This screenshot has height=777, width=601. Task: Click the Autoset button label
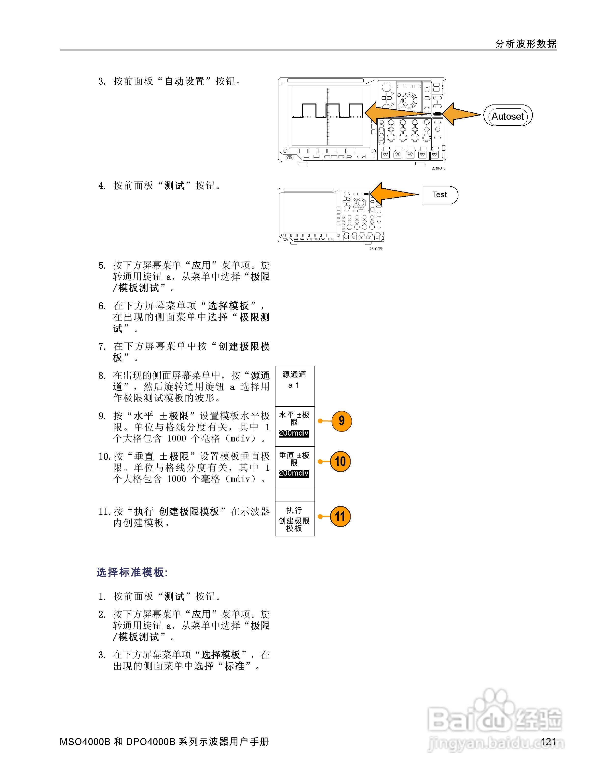pos(507,116)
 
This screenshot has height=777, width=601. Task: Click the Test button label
pos(439,194)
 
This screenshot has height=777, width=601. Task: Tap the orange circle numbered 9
pos(341,421)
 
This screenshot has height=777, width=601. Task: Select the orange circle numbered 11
pos(340,516)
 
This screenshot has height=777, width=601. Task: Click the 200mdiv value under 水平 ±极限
pos(294,433)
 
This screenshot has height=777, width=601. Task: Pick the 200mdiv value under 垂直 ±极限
pos(294,474)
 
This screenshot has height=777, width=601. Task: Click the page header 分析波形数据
pos(526,44)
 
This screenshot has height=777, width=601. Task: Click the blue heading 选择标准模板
pos(131,572)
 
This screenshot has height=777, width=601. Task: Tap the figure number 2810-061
pos(376,249)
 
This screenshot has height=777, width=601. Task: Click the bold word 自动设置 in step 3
pos(184,81)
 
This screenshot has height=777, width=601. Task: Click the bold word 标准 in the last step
pos(234,666)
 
